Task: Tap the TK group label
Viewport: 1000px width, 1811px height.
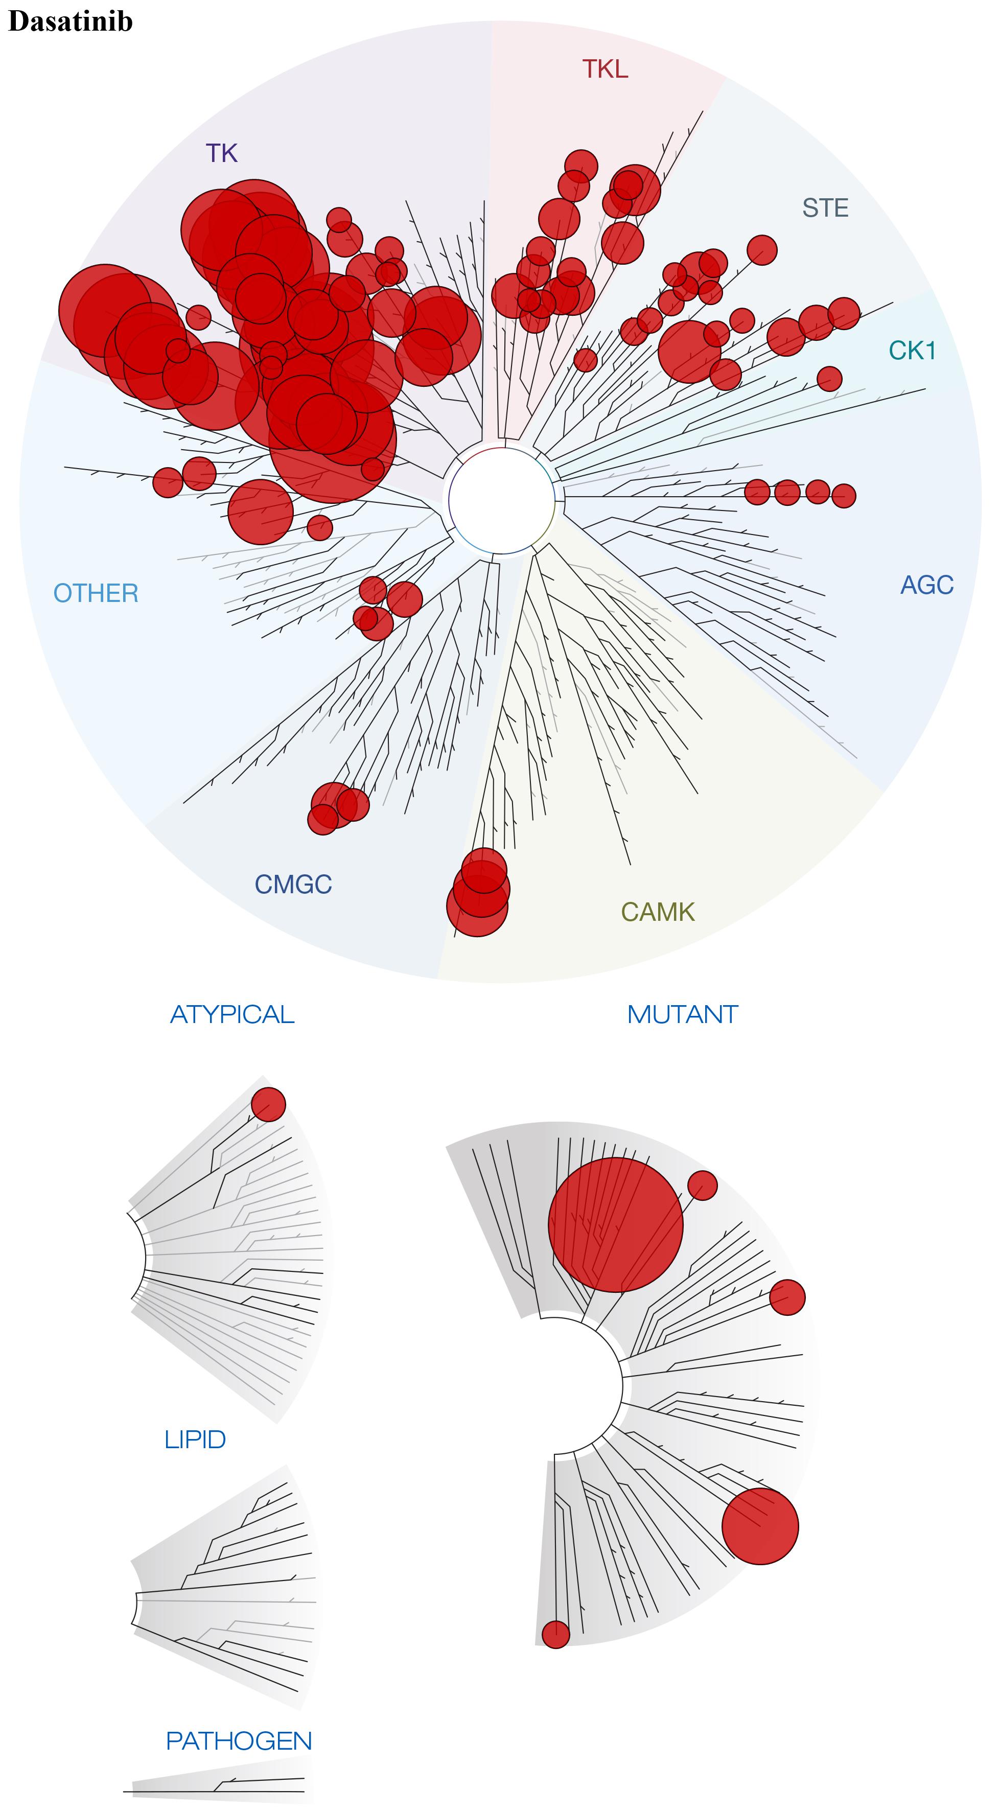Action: coord(222,153)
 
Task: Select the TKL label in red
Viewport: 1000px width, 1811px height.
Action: coord(605,69)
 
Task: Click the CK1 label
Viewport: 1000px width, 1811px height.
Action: coord(912,350)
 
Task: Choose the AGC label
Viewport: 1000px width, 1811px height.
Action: coord(927,585)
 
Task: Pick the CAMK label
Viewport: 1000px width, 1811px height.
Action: coord(658,912)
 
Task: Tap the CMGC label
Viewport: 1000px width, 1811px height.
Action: coord(293,885)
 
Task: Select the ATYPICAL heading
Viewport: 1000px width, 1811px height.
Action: coord(232,1014)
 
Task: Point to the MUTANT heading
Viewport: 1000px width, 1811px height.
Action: coord(682,1014)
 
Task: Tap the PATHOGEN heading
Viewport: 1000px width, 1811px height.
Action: coord(239,1740)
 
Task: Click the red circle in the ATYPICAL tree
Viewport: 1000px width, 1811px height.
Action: coord(269,1104)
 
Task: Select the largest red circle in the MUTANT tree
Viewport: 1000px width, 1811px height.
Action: coord(615,1225)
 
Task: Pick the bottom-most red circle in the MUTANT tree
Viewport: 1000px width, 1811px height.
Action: coord(555,1635)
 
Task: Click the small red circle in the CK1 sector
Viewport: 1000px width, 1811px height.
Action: coord(830,378)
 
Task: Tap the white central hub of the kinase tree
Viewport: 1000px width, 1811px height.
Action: coord(501,501)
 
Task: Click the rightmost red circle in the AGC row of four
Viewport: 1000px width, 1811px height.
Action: coord(844,496)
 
